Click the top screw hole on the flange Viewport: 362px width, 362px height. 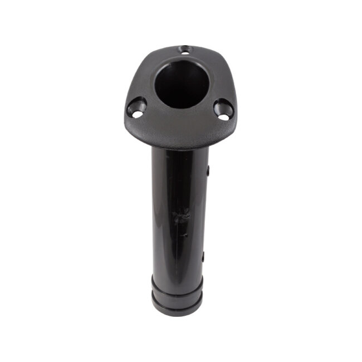click(184, 49)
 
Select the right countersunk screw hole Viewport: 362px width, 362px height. click(223, 109)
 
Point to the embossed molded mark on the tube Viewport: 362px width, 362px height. click(181, 214)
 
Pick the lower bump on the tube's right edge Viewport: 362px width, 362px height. click(203, 257)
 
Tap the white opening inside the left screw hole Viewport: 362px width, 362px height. click(136, 114)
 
